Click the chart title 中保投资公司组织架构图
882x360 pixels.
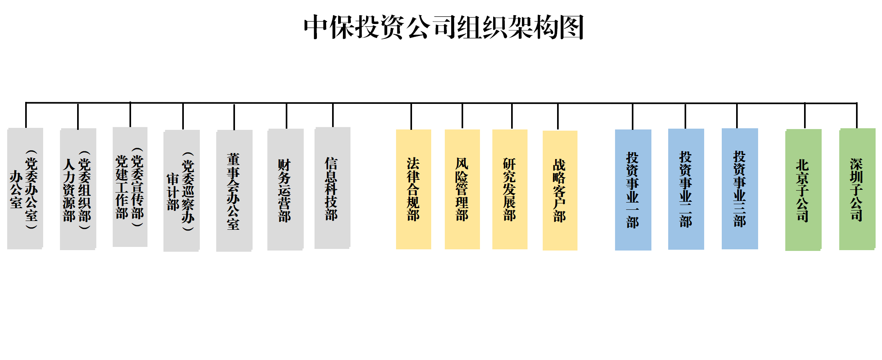click(444, 27)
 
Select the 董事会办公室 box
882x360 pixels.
click(234, 190)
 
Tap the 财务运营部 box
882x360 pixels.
click(285, 189)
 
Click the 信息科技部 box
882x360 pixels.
click(332, 188)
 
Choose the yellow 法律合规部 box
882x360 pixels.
click(413, 189)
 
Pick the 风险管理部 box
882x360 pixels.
click(462, 189)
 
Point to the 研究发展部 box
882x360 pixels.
click(510, 189)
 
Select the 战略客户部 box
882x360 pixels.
click(559, 190)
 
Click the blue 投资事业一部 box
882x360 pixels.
click(633, 190)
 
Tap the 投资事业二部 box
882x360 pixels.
click(686, 189)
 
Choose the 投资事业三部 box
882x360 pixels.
click(740, 189)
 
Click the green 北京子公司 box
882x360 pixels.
click(803, 190)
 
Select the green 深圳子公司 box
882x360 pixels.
click(857, 189)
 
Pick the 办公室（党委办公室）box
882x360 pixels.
click(25, 188)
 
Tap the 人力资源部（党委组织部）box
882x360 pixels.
click(78, 189)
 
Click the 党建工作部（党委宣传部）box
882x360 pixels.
click(130, 187)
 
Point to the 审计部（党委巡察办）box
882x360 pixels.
click(181, 191)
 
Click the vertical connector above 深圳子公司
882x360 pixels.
click(856, 116)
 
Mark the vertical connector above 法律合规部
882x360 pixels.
click(411, 116)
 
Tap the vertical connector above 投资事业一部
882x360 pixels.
click(632, 116)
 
